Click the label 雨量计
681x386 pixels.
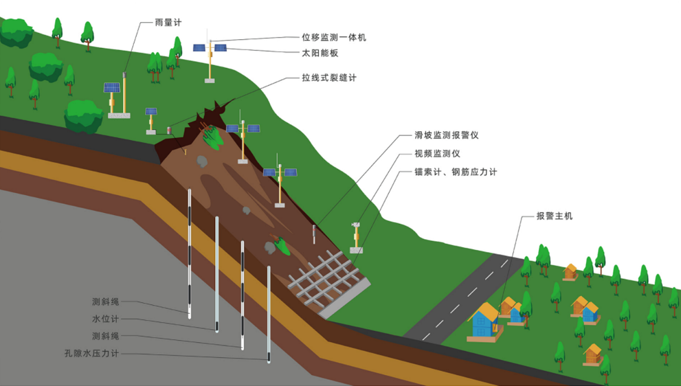[168, 23]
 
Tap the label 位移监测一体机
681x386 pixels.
[334, 38]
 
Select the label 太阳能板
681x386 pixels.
[321, 53]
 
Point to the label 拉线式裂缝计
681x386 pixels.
[329, 78]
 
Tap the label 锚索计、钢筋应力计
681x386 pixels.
[456, 172]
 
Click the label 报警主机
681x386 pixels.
[554, 216]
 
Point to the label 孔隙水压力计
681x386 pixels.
[92, 353]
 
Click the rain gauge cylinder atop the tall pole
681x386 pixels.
[125, 75]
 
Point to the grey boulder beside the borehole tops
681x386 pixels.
[202, 161]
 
